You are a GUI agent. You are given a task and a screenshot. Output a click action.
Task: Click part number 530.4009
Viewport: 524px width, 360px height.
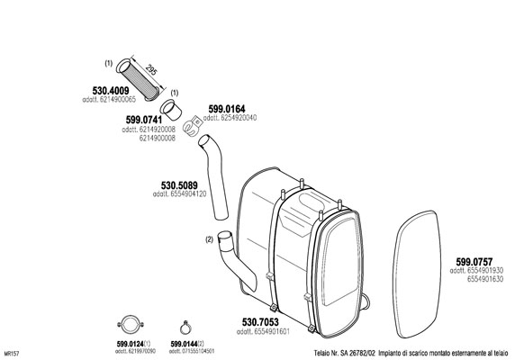tap(111, 91)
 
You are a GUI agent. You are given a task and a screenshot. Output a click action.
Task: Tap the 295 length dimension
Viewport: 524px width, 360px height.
tap(151, 70)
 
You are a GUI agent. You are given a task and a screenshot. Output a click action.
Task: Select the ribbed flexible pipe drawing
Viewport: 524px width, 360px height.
tap(138, 79)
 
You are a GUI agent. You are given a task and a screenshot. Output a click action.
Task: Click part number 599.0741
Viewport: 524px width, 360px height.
tap(144, 120)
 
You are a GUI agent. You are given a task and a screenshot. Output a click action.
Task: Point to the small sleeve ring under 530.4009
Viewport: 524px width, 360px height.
tap(171, 110)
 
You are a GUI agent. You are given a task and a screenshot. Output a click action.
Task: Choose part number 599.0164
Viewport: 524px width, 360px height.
tap(227, 109)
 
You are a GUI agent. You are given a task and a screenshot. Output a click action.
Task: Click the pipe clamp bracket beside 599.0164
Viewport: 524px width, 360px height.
tap(194, 125)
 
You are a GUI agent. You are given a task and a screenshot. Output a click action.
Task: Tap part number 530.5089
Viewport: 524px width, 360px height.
tap(179, 185)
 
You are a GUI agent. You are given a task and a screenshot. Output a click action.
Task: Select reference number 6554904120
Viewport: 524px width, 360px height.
tap(188, 194)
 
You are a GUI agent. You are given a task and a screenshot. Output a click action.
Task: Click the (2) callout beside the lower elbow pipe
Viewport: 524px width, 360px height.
tap(209, 239)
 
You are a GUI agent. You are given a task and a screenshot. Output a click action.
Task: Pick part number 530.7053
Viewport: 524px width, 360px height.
tap(260, 322)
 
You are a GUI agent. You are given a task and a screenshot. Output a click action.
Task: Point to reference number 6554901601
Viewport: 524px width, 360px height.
tap(272, 331)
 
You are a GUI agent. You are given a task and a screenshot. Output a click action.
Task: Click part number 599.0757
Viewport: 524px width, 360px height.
tap(474, 262)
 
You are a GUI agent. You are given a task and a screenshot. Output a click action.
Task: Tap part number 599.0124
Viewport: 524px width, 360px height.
tap(131, 344)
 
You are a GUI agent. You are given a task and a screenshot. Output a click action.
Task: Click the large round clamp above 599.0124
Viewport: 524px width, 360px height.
tap(131, 324)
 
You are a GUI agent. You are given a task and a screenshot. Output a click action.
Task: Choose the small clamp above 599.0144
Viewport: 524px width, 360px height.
tap(185, 328)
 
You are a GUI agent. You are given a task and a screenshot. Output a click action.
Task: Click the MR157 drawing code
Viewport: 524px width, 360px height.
tap(12, 354)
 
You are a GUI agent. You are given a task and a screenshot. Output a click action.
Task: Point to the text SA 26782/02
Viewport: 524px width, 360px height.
tap(357, 353)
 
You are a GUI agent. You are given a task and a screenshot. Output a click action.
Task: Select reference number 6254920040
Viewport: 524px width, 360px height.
tap(239, 118)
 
